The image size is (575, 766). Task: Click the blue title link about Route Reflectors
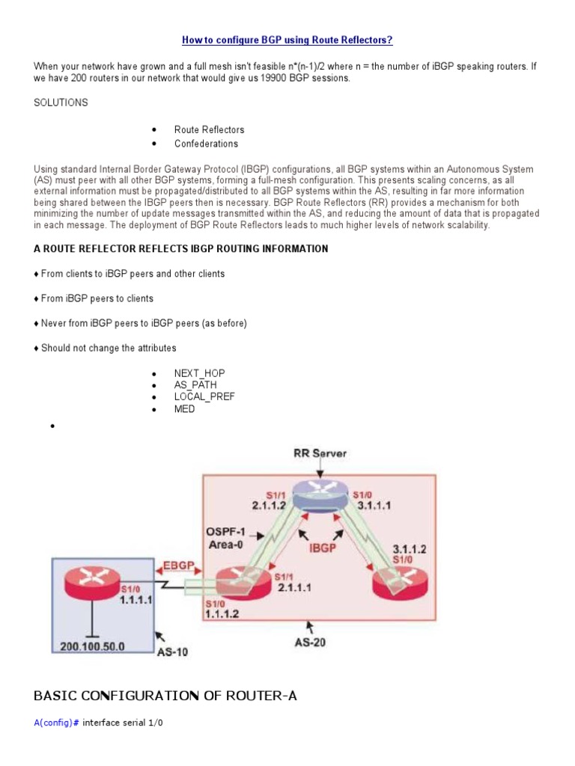(287, 39)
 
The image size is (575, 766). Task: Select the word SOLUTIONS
(61, 102)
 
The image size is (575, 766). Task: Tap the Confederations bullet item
(206, 144)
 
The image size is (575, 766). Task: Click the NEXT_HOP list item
(199, 373)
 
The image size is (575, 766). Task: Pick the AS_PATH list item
(195, 385)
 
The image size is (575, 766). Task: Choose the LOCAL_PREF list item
(204, 397)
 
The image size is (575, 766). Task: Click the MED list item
(185, 409)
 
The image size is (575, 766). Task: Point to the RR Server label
(320, 453)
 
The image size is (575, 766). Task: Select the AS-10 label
(172, 651)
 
